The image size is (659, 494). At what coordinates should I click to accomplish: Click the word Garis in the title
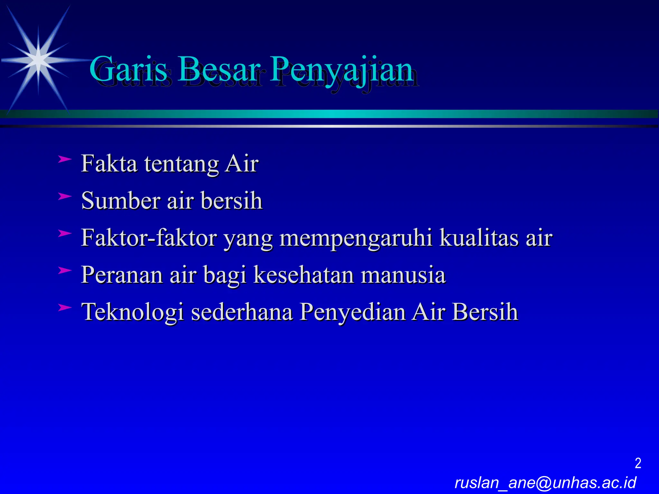coord(128,69)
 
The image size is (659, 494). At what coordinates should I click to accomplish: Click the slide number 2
coord(638,463)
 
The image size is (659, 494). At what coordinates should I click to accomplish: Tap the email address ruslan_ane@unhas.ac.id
coord(545,483)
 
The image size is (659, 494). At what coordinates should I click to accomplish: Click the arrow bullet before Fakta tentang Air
coord(65,159)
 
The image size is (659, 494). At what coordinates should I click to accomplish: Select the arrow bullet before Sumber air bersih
coord(65,196)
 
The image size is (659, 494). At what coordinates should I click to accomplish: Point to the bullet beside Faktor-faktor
coord(65,233)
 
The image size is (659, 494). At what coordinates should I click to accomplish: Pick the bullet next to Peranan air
coord(65,270)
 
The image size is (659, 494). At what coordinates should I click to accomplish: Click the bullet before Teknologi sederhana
coord(65,307)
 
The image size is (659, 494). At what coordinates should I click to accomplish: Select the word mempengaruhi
coord(356,239)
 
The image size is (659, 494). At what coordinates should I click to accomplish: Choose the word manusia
coord(403,275)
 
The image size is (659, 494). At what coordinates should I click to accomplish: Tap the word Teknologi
coord(133,313)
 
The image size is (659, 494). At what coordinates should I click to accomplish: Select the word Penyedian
coord(352,313)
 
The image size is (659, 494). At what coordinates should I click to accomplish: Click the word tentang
coord(181,164)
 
